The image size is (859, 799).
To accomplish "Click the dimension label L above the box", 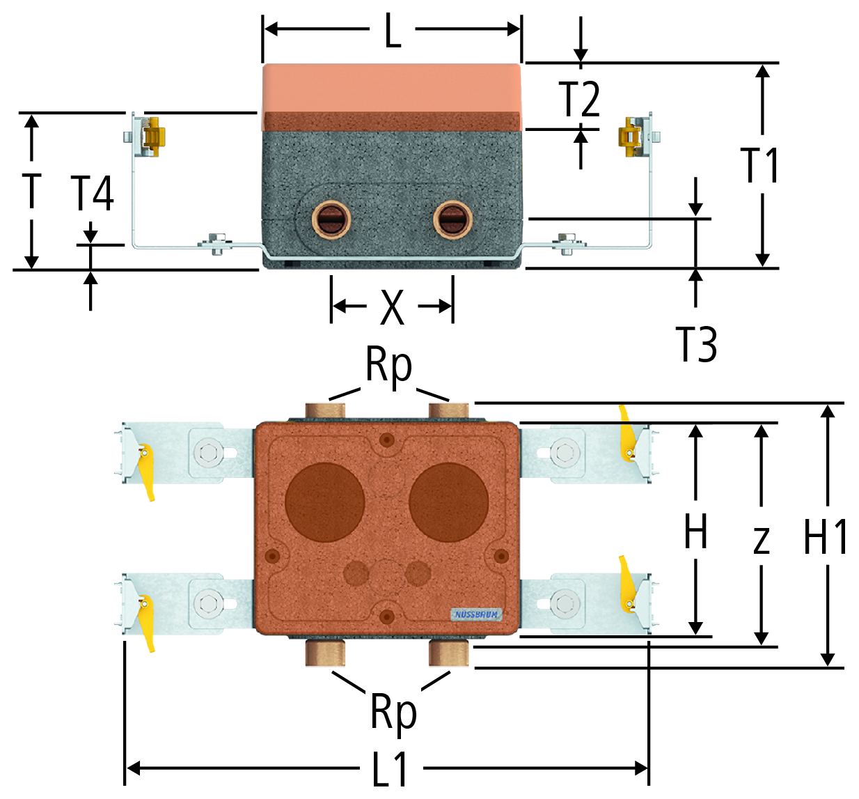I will point(393,31).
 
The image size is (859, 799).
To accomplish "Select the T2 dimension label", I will point(579,99).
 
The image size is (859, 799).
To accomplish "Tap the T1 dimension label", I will point(760,165).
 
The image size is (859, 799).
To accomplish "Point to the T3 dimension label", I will point(696,344).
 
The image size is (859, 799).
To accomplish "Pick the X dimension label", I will point(392,307).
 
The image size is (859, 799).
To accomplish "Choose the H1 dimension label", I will point(826,536).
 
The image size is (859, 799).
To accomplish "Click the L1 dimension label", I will point(390,769).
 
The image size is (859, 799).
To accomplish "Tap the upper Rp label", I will point(389,365).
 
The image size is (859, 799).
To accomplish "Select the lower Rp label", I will point(393,712).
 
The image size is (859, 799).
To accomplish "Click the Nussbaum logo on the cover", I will point(476,614).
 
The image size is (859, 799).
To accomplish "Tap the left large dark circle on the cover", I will point(324,502).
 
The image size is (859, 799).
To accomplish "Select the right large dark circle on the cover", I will point(448,502).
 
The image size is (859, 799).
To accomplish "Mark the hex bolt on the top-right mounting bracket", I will point(565,452).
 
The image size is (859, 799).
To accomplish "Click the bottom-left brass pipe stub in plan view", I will point(325,653).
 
